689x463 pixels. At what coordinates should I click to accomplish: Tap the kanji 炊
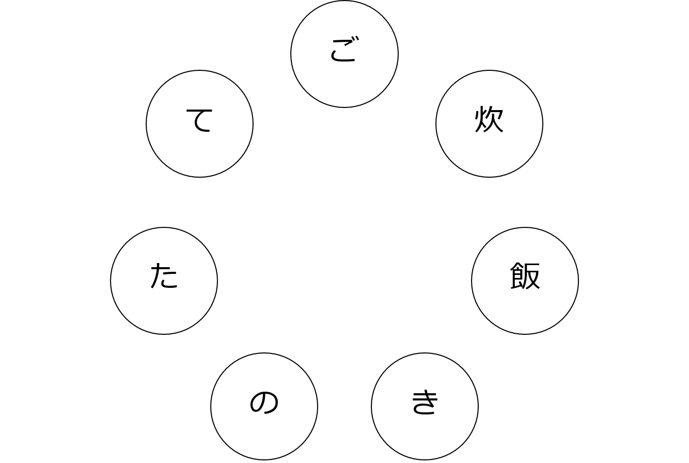click(x=489, y=119)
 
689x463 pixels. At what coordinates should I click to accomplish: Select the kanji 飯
click(x=525, y=275)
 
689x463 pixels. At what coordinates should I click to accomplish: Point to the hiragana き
click(x=425, y=402)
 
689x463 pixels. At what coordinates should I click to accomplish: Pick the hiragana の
click(x=264, y=402)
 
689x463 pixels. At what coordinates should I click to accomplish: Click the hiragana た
click(x=164, y=275)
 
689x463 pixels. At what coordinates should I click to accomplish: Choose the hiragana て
click(x=199, y=120)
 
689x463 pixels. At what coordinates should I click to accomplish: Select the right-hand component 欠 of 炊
click(x=495, y=119)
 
